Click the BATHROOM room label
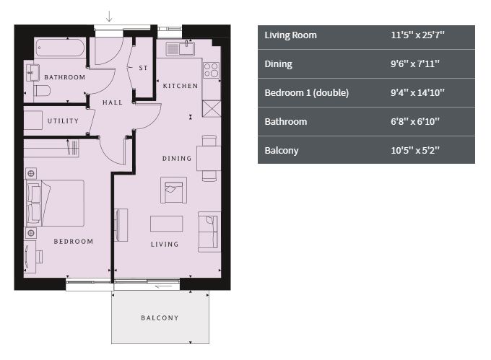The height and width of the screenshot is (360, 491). (x=65, y=77)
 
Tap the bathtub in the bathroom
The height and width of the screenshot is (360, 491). (x=59, y=48)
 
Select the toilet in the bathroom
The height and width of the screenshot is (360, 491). (x=42, y=91)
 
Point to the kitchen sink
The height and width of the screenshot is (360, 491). (x=181, y=49)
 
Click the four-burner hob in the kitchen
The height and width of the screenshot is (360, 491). (x=212, y=70)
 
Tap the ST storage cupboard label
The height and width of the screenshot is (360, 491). (x=143, y=68)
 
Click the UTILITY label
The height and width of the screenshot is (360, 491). (x=63, y=120)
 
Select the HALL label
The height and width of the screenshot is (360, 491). (x=113, y=102)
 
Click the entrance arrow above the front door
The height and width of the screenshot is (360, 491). (x=109, y=17)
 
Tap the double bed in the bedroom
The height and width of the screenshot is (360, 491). (x=56, y=203)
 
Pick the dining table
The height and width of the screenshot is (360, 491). (x=209, y=158)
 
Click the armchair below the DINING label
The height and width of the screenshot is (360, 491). (x=173, y=190)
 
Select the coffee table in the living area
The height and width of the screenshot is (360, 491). (x=166, y=224)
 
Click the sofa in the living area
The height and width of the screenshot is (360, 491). (x=209, y=232)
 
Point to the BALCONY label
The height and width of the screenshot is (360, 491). (x=160, y=317)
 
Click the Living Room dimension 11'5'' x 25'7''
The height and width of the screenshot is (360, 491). (x=417, y=35)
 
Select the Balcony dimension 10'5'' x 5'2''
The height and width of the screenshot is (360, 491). (x=415, y=151)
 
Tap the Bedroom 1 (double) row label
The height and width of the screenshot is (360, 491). (x=307, y=93)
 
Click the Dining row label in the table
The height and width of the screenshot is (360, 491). (x=279, y=64)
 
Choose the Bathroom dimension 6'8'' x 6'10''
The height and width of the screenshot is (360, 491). (x=415, y=122)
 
